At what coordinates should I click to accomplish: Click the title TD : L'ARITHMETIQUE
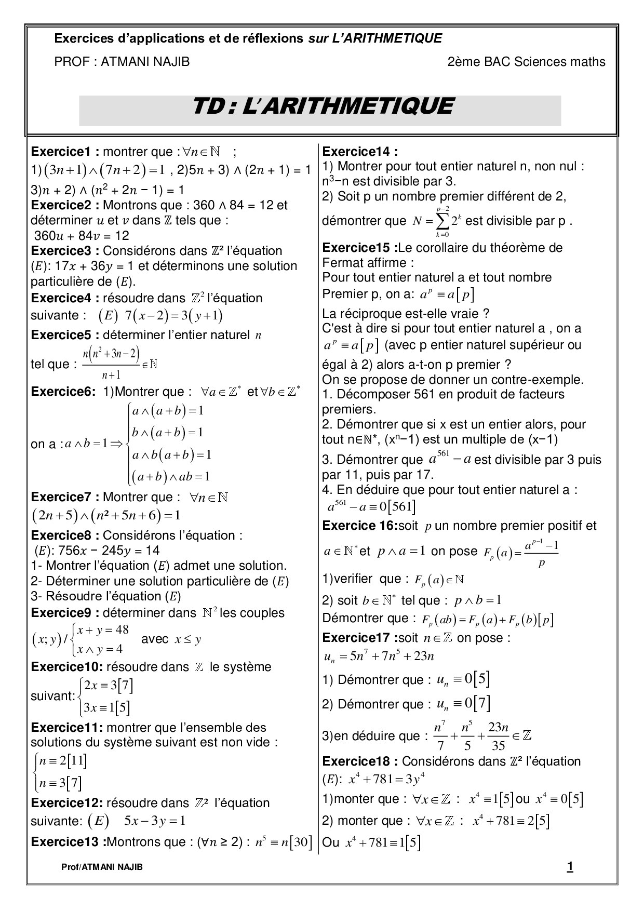[322, 106]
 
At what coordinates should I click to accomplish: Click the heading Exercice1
[62, 152]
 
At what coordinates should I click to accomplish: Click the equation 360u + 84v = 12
[82, 236]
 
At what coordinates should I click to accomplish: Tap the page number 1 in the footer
[570, 866]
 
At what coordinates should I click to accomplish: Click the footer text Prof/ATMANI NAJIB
[102, 867]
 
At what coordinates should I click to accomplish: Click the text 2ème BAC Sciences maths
[526, 62]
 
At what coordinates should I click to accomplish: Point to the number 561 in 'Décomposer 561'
[424, 394]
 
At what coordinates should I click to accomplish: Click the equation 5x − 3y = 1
[154, 821]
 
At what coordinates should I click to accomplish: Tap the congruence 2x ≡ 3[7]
[109, 686]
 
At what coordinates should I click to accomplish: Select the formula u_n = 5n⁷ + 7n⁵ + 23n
[379, 657]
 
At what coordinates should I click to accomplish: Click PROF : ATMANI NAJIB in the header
[122, 62]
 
